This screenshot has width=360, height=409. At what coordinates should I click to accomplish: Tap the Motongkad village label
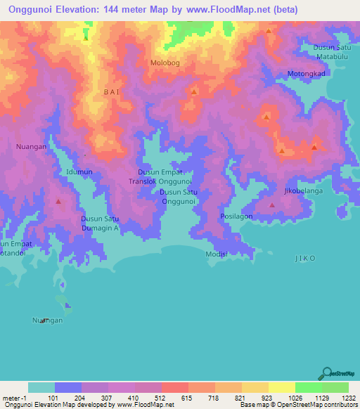click(x=307, y=74)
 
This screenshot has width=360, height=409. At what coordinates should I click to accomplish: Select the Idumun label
click(x=79, y=171)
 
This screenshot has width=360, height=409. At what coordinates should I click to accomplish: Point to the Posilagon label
click(x=236, y=216)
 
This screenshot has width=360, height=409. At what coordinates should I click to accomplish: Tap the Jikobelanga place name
click(x=303, y=190)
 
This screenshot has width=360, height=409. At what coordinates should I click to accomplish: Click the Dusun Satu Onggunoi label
click(x=179, y=196)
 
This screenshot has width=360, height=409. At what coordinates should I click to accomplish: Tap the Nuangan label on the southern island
click(x=47, y=320)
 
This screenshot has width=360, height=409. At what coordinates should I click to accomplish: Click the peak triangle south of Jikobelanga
click(x=272, y=205)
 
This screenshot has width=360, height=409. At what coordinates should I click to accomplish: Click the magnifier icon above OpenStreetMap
click(x=328, y=374)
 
